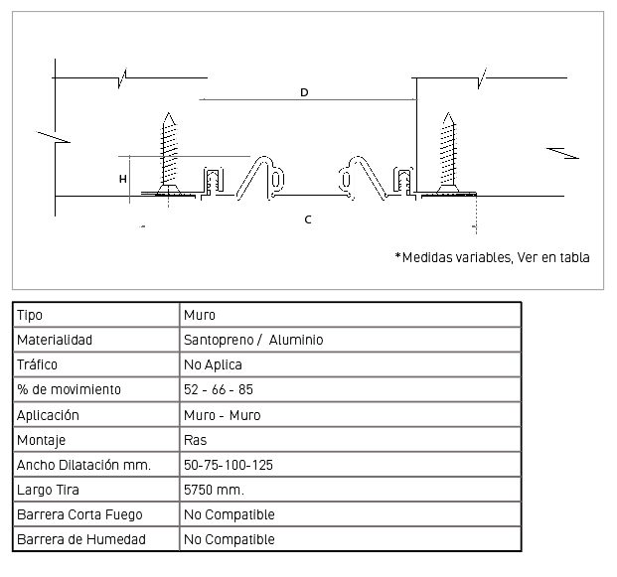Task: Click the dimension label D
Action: tap(304, 92)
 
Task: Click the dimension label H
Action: tap(123, 179)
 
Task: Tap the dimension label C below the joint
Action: tap(308, 219)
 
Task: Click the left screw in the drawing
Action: tap(169, 154)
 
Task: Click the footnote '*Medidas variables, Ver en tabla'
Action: tap(492, 257)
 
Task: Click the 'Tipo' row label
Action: tap(30, 315)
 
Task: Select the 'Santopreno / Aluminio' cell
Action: tap(253, 340)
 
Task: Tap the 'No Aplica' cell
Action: tap(213, 364)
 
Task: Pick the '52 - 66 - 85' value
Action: tap(219, 389)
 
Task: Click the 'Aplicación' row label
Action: tap(48, 415)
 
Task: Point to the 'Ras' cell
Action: tap(195, 440)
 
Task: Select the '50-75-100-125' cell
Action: tap(229, 465)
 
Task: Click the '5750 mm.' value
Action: tap(214, 490)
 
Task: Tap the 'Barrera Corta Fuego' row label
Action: tap(79, 514)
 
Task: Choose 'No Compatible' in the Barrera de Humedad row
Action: tap(229, 539)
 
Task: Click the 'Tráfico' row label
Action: tap(37, 364)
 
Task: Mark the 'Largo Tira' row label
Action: tap(48, 490)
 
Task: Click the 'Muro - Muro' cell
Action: tap(223, 415)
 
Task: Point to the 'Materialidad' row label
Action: tap(55, 340)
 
